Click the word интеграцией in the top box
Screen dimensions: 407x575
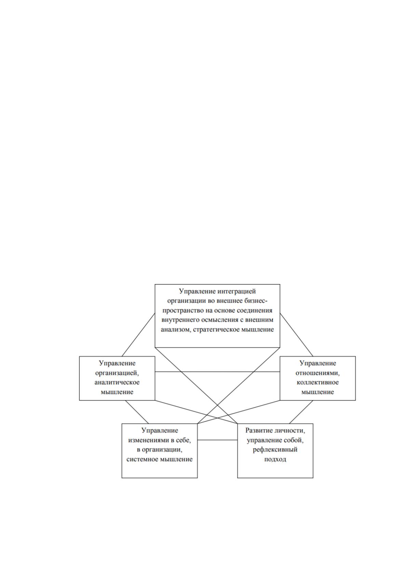tap(236, 291)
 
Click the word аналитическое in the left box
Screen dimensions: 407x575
tap(117, 382)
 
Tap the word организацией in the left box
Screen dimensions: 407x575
tap(117, 373)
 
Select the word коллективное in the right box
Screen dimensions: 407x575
tap(317, 382)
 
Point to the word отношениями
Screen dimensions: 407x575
tap(317, 373)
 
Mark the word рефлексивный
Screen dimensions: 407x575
tap(275, 450)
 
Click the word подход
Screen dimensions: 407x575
tap(275, 460)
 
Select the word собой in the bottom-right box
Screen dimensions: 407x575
tap(295, 440)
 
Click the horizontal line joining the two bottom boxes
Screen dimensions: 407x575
tap(217, 440)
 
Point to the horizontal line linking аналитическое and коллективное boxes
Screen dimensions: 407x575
tap(217, 371)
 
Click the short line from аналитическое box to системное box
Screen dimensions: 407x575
tap(137, 412)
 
